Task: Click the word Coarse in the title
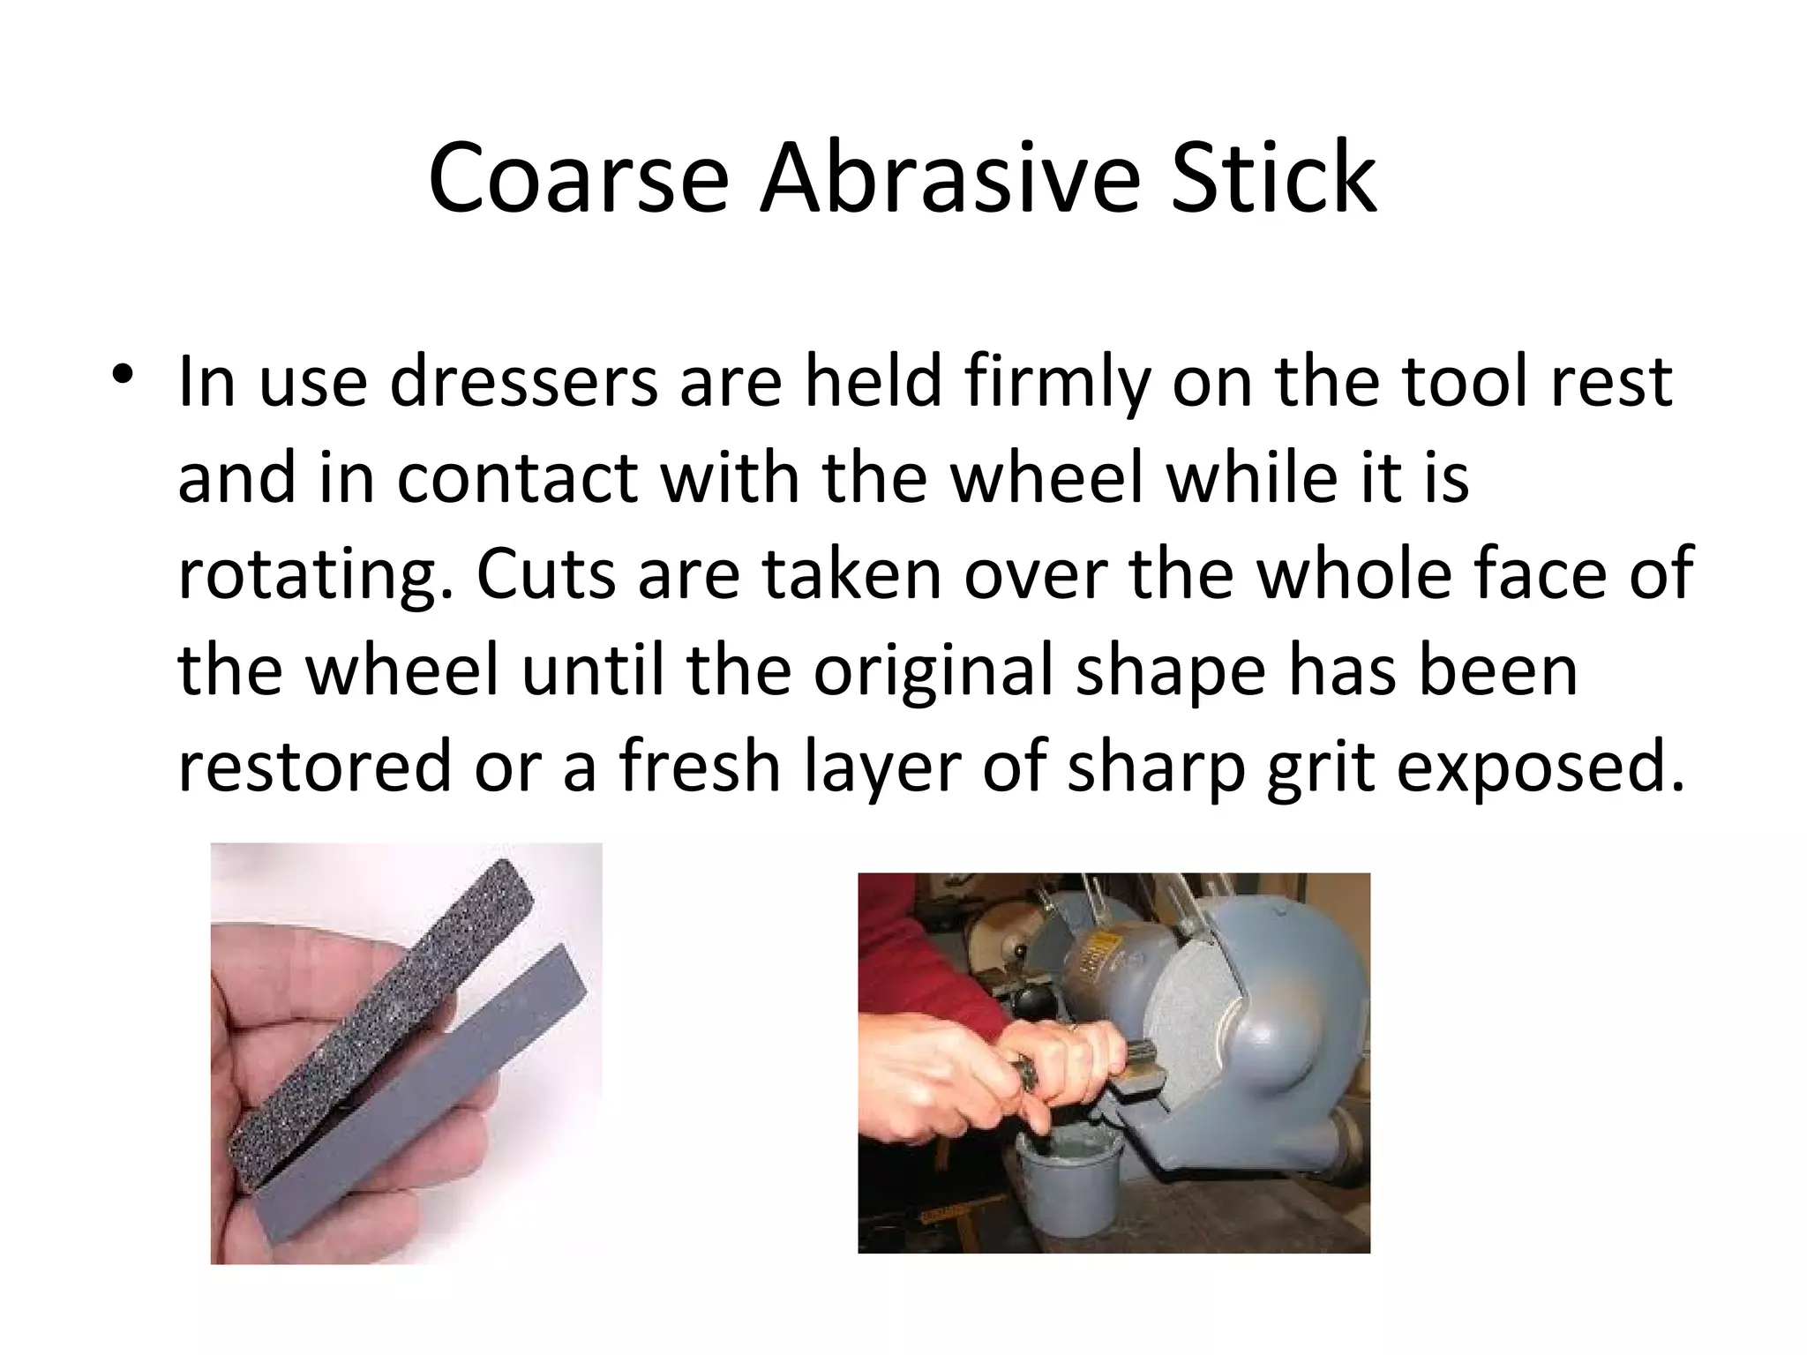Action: pos(578,179)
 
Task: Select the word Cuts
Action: pos(546,573)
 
